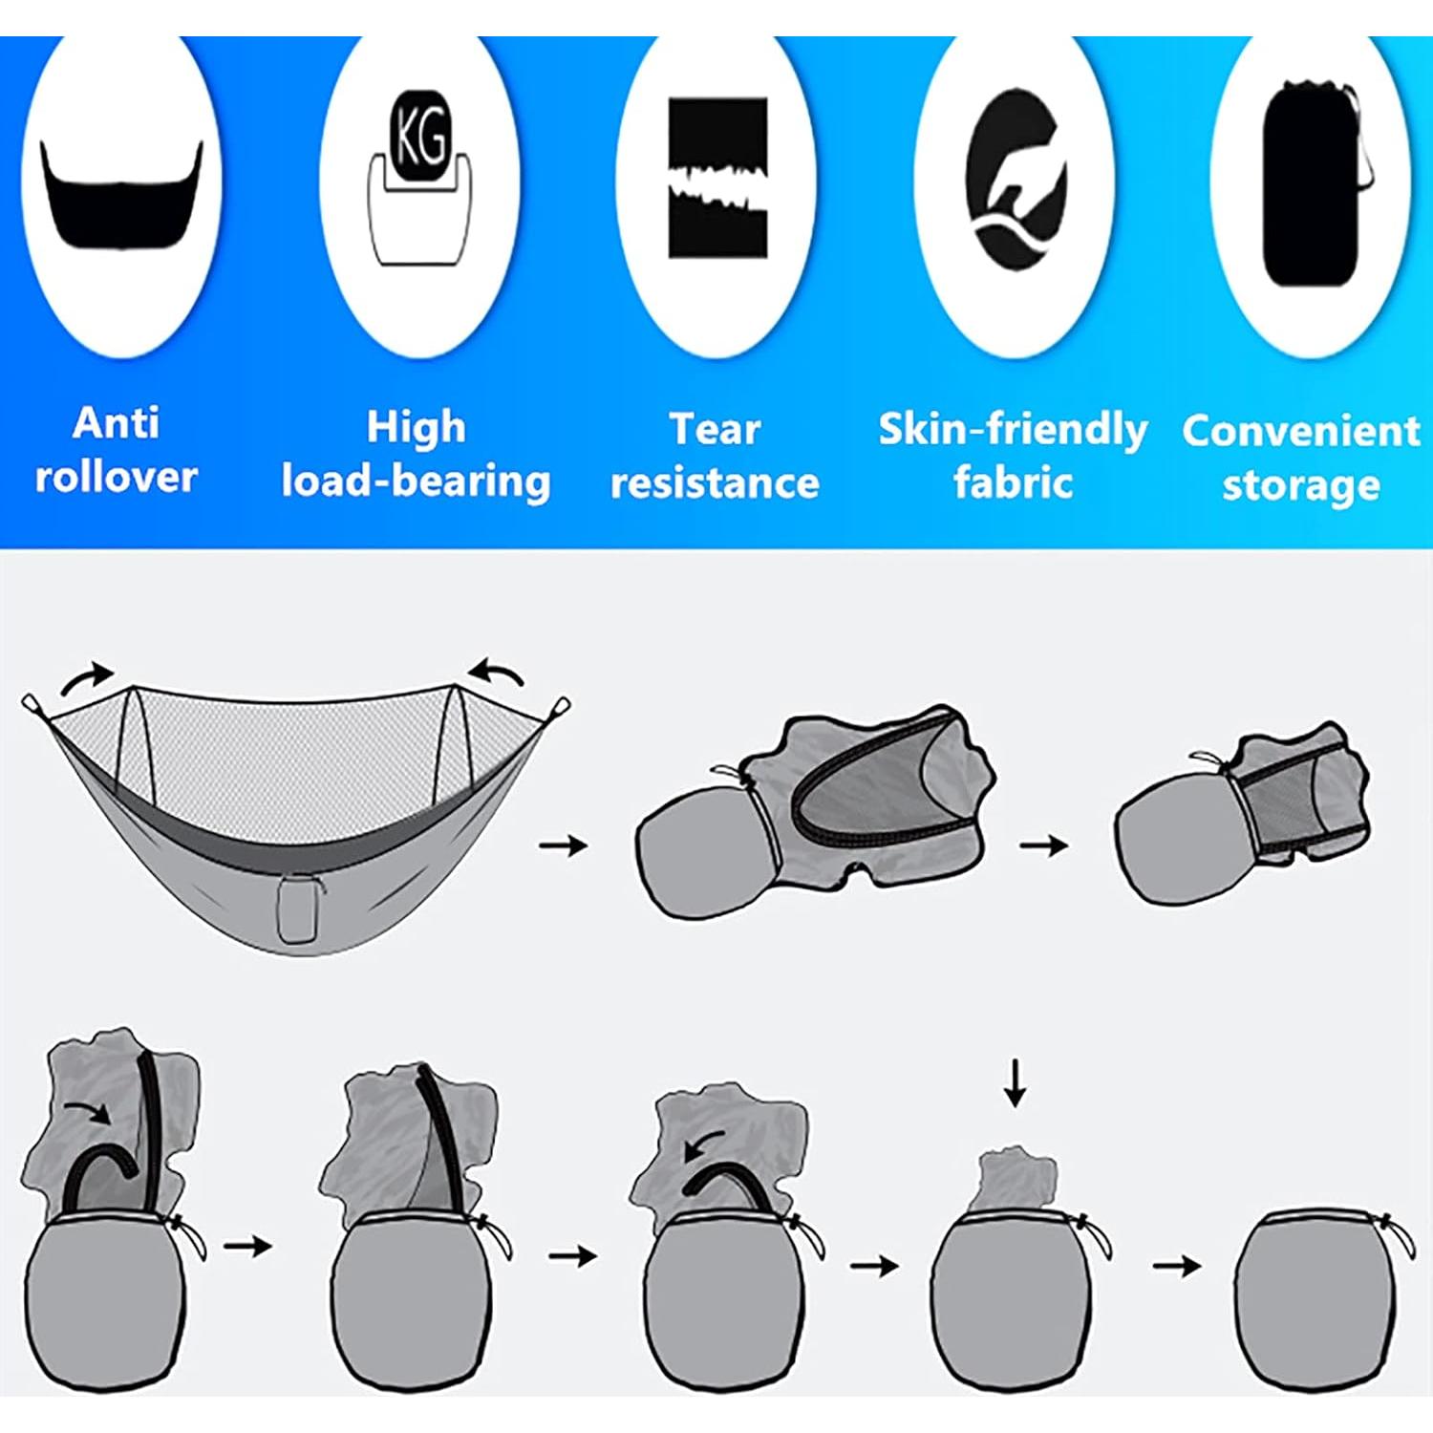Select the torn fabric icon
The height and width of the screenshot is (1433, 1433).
[717, 178]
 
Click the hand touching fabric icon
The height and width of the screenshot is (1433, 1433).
[1016, 182]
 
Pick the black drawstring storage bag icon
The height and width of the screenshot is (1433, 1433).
[1313, 183]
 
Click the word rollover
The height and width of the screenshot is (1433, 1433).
[116, 476]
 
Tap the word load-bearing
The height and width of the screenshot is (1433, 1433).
[416, 481]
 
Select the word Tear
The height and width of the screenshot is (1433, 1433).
[715, 429]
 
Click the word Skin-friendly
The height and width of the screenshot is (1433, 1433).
[1013, 430]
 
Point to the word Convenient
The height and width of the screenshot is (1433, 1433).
[1301, 431]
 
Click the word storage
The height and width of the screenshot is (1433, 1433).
[1301, 485]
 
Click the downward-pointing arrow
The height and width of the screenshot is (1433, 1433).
[1015, 1081]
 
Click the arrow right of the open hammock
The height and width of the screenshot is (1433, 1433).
[564, 845]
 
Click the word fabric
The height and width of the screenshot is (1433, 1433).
[1013, 482]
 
